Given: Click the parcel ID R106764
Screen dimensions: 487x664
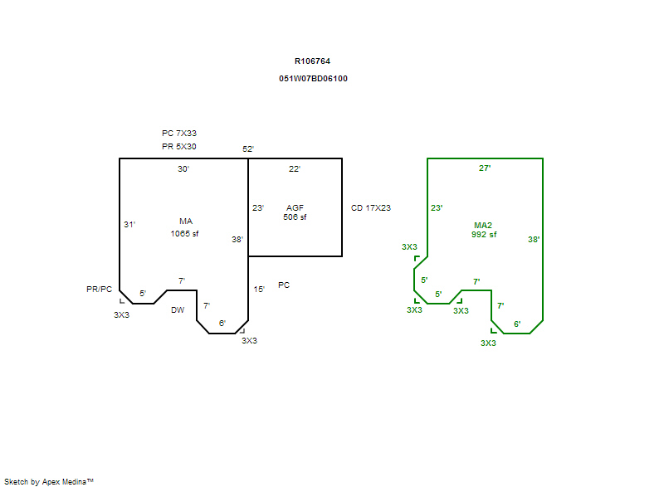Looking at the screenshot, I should coord(312,61).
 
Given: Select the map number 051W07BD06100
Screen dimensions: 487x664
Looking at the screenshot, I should coord(313,79).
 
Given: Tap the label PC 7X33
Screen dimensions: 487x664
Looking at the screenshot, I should coord(178,133).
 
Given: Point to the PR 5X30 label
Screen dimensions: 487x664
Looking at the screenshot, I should coord(178,147).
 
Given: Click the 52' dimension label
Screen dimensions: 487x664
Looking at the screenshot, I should coord(248,149).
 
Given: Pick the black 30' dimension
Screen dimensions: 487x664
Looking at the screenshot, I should coord(183,169).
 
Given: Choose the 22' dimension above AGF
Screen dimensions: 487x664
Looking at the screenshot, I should coord(295,169).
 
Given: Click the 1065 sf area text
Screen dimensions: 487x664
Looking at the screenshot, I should coord(184,233).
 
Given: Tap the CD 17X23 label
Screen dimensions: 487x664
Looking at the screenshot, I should coord(370,208).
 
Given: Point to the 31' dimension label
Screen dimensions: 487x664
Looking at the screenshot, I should coord(129,225).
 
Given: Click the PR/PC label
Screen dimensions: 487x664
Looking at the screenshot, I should coord(99,289).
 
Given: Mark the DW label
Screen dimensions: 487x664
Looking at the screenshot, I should coord(178,310).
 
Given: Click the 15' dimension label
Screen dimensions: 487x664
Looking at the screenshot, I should coord(259,290).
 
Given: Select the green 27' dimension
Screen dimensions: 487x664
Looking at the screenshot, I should coord(485,168).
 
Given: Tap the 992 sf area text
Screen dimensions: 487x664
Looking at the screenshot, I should coord(484,234).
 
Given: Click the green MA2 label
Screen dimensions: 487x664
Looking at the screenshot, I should coord(483,225).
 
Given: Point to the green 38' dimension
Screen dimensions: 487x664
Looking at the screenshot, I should coord(534,240).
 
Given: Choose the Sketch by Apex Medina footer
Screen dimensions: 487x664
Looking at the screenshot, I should coord(48,481).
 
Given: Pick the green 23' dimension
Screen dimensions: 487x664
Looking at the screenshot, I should coord(437,208).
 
